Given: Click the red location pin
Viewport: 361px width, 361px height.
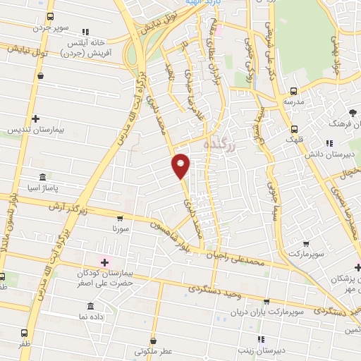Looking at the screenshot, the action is click(x=181, y=165).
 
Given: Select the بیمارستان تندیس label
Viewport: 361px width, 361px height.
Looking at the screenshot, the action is click(x=31, y=130).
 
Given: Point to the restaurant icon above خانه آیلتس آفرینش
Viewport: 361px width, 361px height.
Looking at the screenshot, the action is click(x=86, y=32).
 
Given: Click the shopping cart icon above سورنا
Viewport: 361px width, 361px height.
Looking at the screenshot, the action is click(x=121, y=219).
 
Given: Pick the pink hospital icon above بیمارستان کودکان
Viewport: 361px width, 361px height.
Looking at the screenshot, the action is click(x=105, y=262).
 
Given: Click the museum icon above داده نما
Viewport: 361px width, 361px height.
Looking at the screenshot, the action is click(x=90, y=307).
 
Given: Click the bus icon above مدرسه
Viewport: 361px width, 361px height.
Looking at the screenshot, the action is click(x=293, y=91).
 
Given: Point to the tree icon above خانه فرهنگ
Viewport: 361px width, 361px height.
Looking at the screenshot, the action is click(x=353, y=113).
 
